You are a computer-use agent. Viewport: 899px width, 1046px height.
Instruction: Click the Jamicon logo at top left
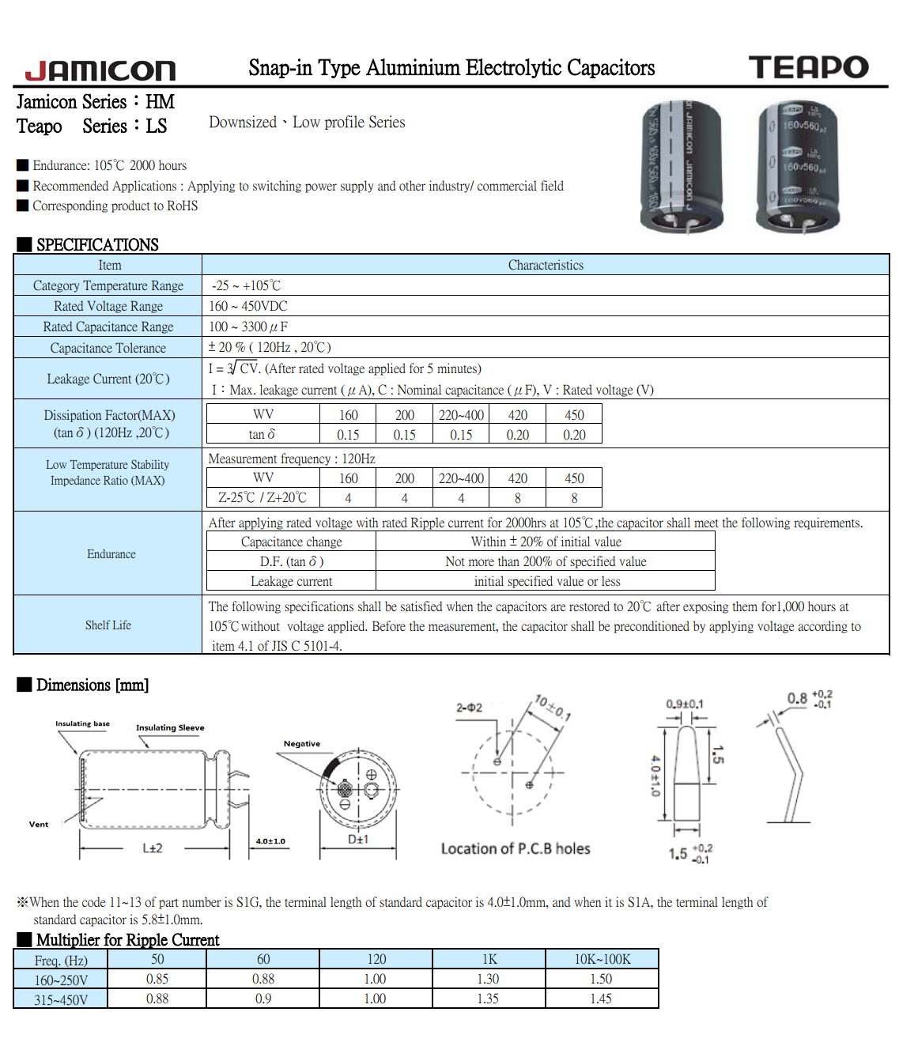tap(100, 70)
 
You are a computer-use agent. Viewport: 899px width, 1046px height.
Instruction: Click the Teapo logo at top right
tap(808, 67)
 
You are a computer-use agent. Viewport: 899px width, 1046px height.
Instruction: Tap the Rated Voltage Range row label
tap(108, 306)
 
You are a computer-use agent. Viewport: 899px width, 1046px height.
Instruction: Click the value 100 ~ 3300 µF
tap(248, 327)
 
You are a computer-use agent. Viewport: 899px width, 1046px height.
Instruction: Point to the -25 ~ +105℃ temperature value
tap(246, 285)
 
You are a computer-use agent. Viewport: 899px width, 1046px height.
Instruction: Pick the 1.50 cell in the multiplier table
tap(601, 979)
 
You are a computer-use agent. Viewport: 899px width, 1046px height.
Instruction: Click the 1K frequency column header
tap(489, 959)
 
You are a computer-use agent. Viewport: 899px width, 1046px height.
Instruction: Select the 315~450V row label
tap(61, 999)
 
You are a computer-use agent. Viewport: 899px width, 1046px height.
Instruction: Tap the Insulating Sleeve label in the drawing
tap(170, 727)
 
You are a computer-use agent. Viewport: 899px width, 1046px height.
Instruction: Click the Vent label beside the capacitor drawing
tap(39, 824)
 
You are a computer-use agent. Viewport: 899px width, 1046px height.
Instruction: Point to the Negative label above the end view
tap(302, 743)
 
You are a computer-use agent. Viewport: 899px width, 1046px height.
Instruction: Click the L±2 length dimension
tap(153, 848)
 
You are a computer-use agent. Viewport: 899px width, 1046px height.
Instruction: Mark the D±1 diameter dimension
tap(358, 840)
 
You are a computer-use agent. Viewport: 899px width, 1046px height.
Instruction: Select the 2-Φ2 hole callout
tap(469, 708)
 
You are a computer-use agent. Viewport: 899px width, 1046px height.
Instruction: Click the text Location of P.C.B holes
tap(516, 848)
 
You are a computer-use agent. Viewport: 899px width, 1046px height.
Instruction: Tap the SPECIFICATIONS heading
tap(97, 244)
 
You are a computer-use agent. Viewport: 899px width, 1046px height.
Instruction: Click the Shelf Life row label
tap(108, 625)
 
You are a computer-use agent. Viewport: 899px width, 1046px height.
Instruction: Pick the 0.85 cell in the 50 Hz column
tap(157, 979)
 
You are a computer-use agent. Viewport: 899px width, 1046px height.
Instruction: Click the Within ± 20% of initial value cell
tap(546, 542)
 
